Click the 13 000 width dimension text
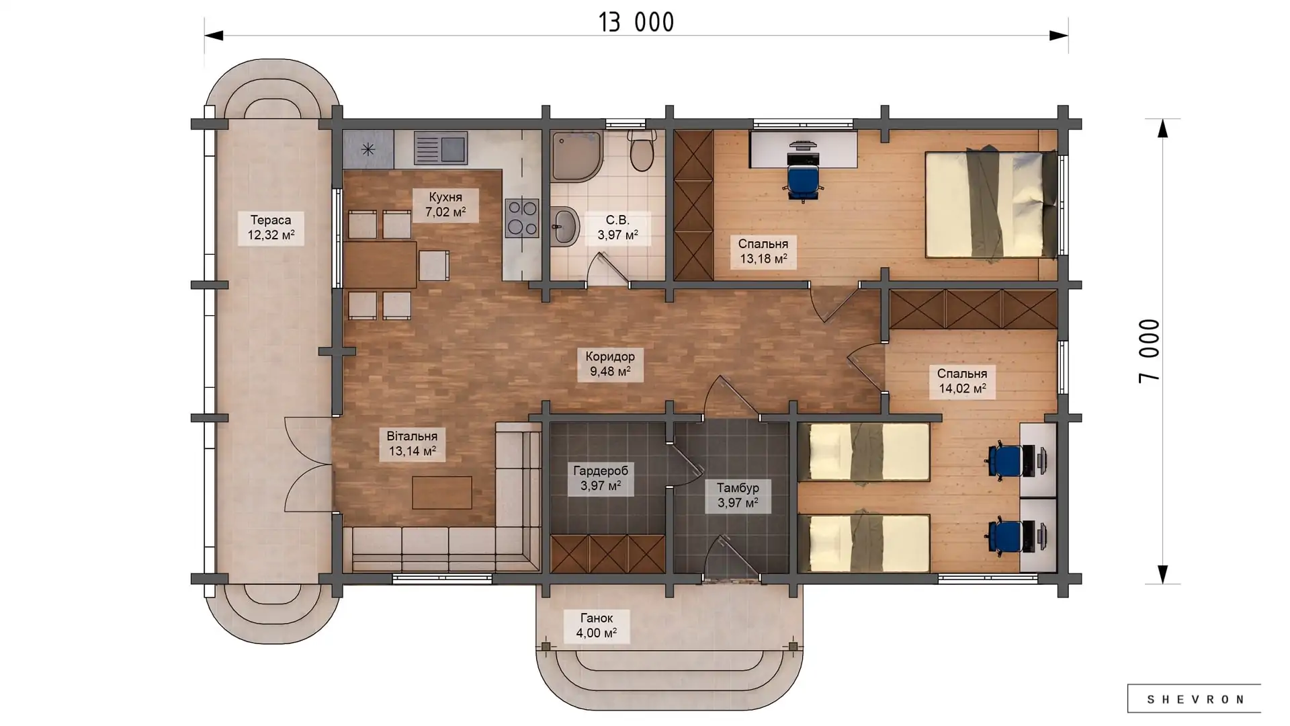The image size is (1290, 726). (x=636, y=22)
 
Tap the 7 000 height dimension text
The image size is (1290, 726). (x=1150, y=351)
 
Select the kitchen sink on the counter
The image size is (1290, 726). (x=440, y=148)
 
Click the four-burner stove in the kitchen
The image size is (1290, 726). (x=522, y=217)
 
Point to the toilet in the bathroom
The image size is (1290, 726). (x=642, y=150)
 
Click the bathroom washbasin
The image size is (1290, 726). (x=566, y=227)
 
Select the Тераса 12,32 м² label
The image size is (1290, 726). (x=271, y=228)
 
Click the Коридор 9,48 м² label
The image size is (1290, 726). (x=610, y=364)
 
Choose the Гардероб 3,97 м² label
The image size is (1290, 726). (x=601, y=478)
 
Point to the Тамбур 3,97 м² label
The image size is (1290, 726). (x=738, y=495)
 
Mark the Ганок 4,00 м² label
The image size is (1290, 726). (x=597, y=626)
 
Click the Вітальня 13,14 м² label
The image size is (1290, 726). (x=412, y=444)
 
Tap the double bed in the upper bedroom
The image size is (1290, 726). (x=991, y=204)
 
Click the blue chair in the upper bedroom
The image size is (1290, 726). (x=804, y=184)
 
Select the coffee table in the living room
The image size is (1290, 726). (x=442, y=492)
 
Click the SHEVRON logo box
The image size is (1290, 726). (x=1194, y=699)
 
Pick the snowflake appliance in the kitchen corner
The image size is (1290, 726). (x=368, y=149)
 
